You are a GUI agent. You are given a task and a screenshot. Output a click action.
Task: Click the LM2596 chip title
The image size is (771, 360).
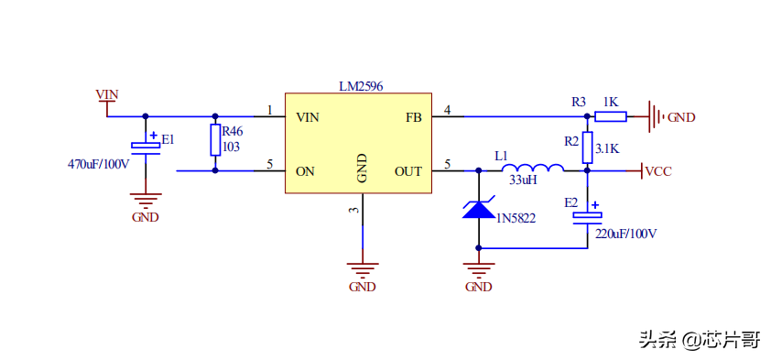361,86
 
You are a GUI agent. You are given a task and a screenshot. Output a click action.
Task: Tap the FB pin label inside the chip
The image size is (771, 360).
414,117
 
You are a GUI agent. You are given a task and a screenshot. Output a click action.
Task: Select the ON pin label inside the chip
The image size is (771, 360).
305,171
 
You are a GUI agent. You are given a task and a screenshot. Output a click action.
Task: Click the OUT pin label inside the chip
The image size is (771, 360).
408,171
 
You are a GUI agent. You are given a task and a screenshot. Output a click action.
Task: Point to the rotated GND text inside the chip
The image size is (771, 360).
362,169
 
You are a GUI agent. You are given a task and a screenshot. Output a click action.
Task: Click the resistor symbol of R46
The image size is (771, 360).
215,140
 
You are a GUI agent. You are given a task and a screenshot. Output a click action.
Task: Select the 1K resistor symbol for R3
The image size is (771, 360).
611,116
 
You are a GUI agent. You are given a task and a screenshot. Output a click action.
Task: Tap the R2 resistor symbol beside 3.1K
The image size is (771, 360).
587,147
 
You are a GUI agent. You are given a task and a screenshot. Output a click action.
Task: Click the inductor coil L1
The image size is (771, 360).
533,168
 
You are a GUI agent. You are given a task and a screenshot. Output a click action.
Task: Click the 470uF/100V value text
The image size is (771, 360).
98,164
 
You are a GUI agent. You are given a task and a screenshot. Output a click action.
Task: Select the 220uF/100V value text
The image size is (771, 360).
626,234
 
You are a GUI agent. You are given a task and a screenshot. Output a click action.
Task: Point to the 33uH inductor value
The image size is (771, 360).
524,180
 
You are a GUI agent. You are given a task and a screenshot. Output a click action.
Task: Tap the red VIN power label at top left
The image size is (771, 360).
107,94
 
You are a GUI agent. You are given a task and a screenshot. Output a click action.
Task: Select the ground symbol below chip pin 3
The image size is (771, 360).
363,271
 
